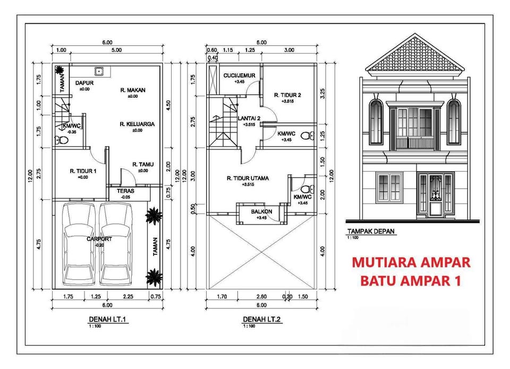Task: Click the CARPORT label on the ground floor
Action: [99, 239]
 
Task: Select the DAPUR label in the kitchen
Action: [82, 83]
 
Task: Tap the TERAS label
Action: [126, 190]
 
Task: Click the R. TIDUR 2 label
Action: [287, 95]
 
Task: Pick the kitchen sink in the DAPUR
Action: [98, 71]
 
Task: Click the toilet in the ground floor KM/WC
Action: [59, 140]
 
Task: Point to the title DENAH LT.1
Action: [106, 319]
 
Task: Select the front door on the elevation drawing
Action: [435, 194]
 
